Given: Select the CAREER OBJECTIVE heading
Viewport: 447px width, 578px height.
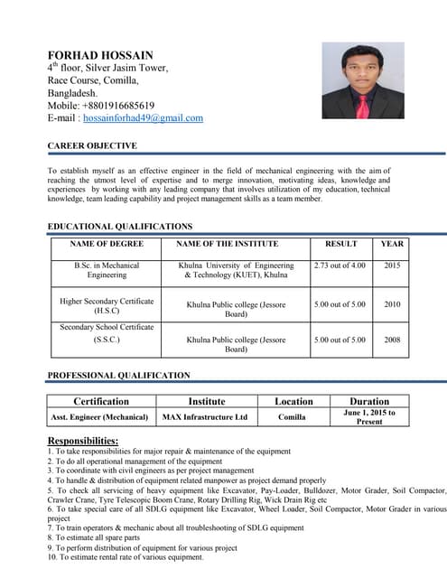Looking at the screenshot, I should (92, 145).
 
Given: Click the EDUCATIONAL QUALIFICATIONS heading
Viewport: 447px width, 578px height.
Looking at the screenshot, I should (120, 226).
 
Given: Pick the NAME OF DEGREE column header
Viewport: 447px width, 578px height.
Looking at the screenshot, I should (107, 244).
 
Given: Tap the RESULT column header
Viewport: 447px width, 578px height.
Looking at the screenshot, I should (341, 244).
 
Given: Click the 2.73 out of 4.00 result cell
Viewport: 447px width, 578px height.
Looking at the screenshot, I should (340, 266).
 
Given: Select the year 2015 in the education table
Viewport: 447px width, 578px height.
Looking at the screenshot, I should (392, 266).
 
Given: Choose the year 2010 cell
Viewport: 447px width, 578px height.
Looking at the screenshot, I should (392, 305).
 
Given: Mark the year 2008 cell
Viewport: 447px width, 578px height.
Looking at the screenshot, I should (392, 340).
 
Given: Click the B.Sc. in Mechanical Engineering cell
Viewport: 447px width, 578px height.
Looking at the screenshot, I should (107, 270).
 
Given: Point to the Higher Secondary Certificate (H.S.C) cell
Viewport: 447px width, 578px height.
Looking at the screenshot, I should (107, 305).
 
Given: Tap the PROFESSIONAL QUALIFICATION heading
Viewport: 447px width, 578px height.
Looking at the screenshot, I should (119, 375).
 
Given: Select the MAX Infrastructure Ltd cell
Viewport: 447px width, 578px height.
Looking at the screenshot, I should (204, 417).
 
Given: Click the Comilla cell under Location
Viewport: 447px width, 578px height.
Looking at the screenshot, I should (292, 417).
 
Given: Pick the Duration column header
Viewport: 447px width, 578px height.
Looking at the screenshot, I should (369, 401).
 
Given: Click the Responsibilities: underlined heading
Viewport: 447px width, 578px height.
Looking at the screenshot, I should (83, 440).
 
